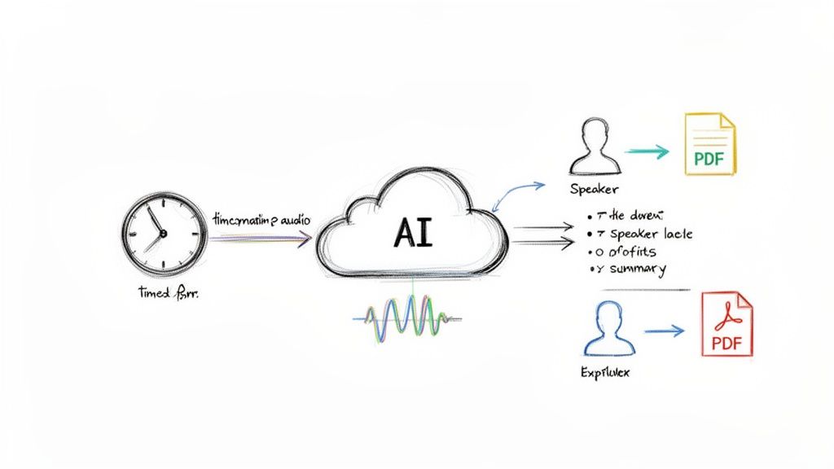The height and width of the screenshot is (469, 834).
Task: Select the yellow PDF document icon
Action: pyautogui.click(x=709, y=144)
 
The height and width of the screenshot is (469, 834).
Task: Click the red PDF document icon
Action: pyautogui.click(x=727, y=326)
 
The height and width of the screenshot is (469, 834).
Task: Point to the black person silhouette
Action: pyautogui.click(x=594, y=147)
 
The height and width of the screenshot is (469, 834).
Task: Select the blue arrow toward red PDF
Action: pyautogui.click(x=664, y=331)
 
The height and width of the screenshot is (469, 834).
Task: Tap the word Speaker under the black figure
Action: pyautogui.click(x=595, y=189)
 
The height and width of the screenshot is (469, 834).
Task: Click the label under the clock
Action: pyautogui.click(x=169, y=293)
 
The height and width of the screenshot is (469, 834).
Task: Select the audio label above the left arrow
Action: pyautogui.click(x=256, y=219)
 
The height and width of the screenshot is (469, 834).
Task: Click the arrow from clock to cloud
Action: pyautogui.click(x=261, y=239)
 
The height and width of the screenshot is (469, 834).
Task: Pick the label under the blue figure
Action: pyautogui.click(x=604, y=372)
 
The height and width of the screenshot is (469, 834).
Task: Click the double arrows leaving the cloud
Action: pyautogui.click(x=542, y=235)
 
